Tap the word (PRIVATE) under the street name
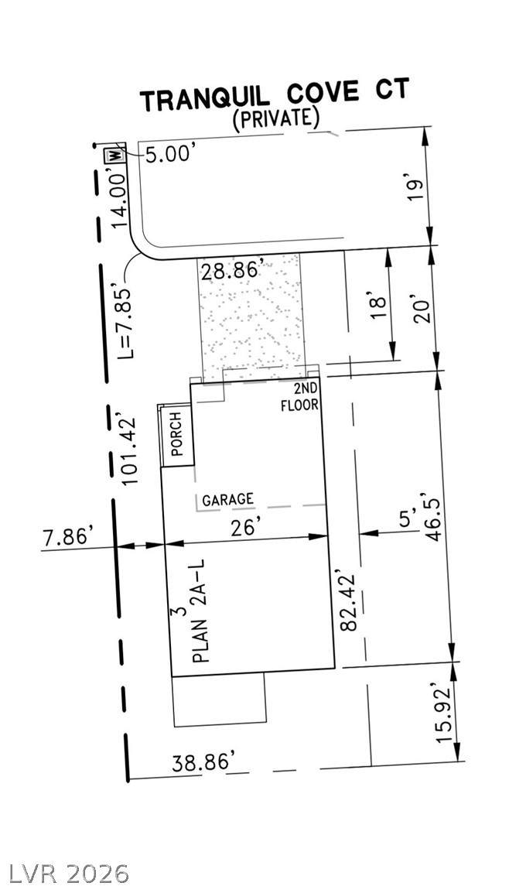275,118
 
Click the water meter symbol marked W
114,154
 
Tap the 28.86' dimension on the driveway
231,269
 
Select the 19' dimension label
418,190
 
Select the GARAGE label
227,499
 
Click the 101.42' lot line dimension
130,450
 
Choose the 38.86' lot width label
203,762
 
